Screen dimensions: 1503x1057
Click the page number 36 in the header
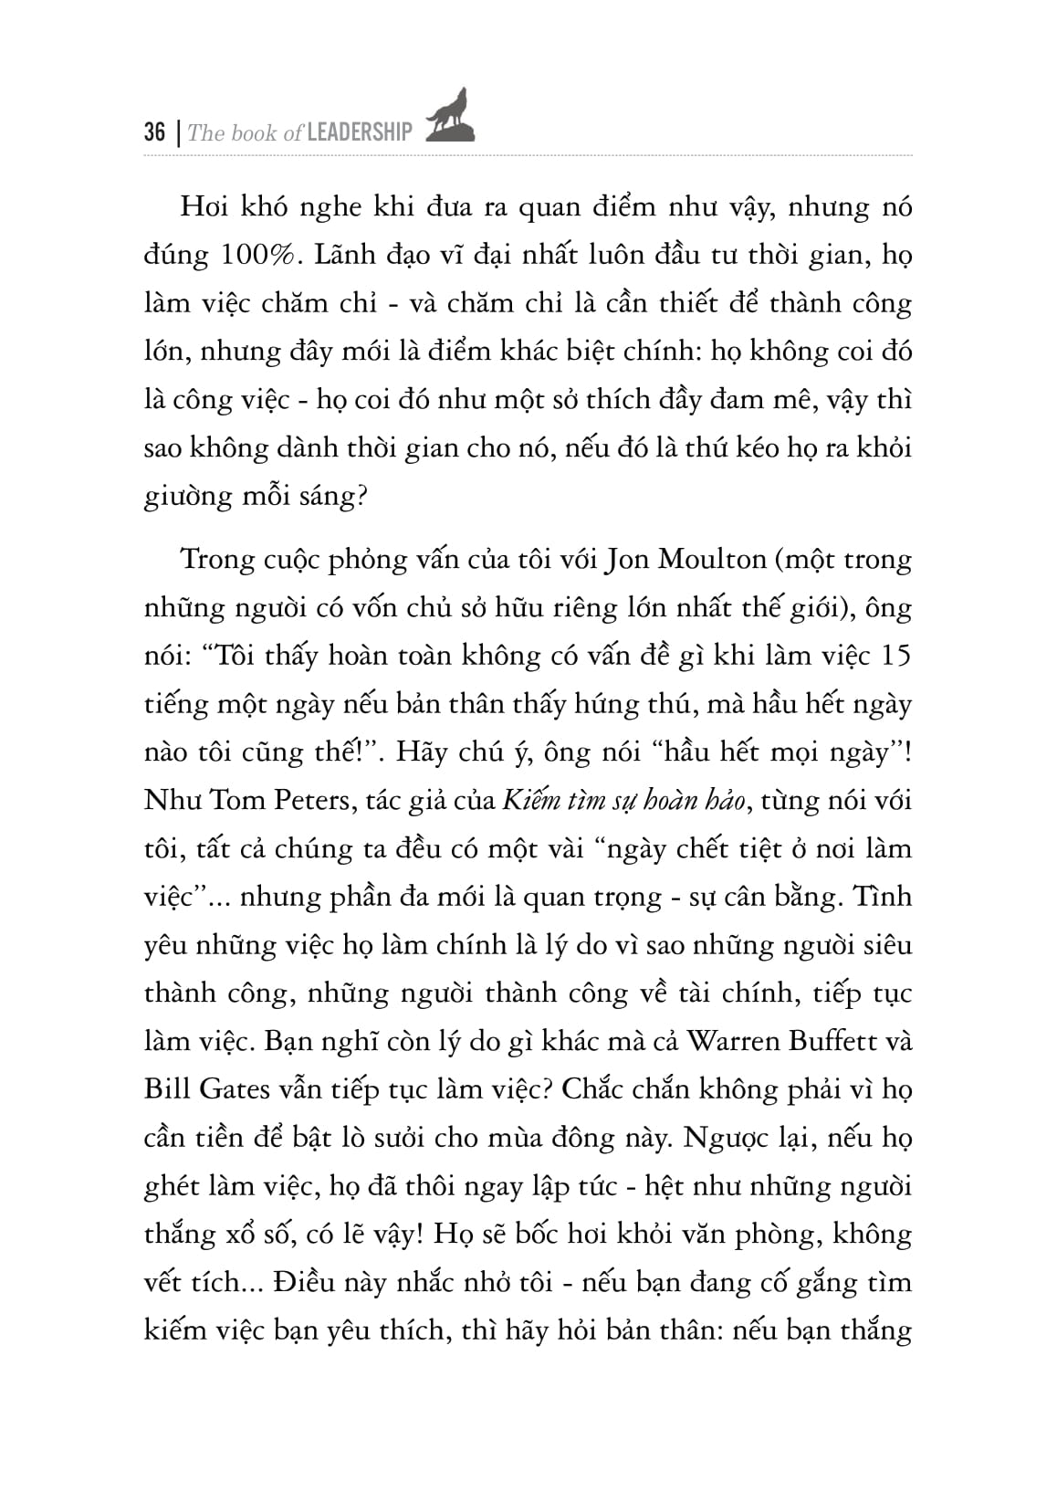pos(155,132)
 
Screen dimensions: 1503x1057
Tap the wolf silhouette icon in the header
pos(449,118)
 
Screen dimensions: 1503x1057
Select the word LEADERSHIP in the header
pos(361,133)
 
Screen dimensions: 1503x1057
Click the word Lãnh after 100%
pos(344,255)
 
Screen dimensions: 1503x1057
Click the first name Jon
pos(623,560)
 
